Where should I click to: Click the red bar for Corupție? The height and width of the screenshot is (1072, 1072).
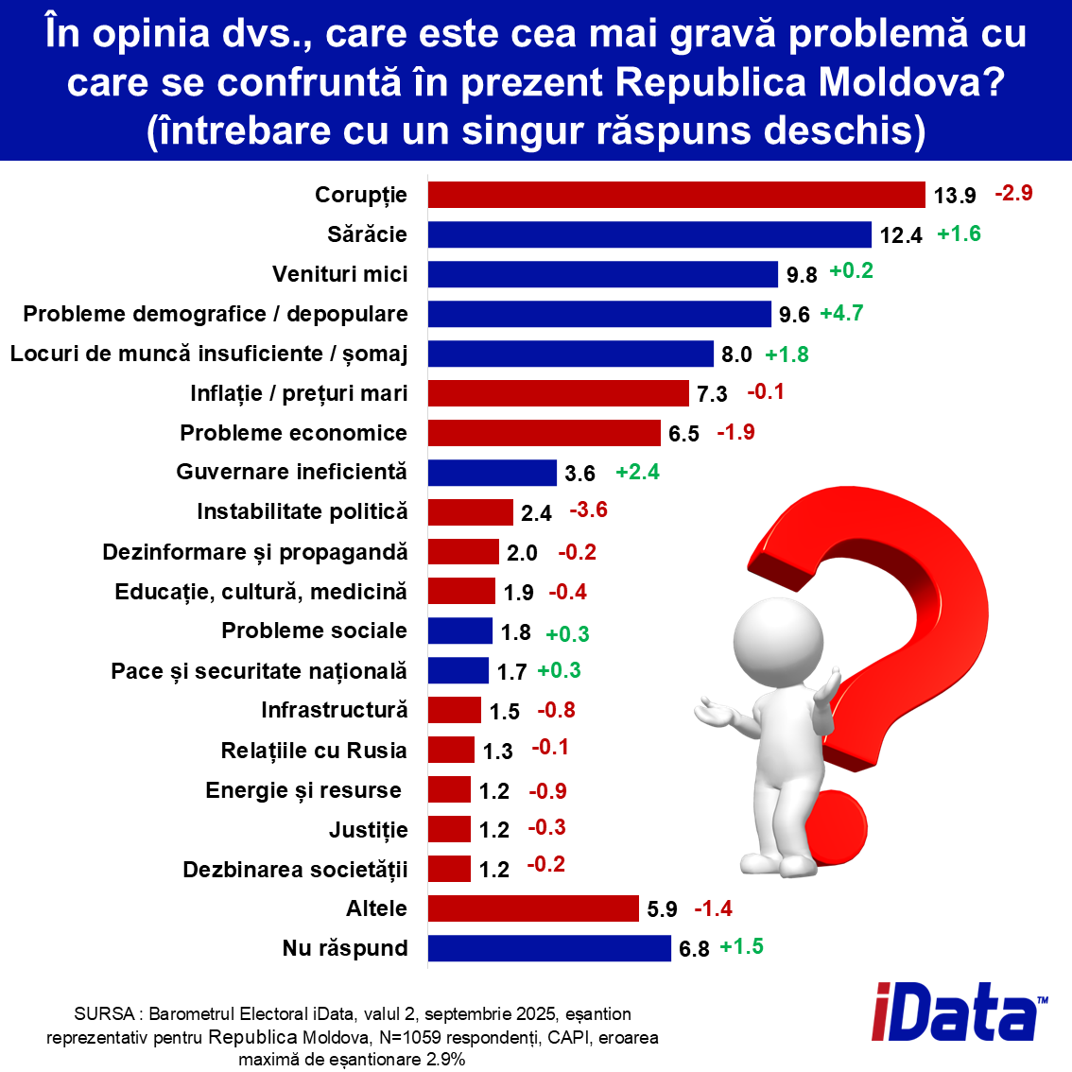click(x=676, y=195)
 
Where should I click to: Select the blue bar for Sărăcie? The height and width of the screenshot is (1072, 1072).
click(x=649, y=234)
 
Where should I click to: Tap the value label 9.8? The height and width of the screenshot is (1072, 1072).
click(x=802, y=275)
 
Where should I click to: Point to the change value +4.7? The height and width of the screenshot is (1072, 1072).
click(x=841, y=313)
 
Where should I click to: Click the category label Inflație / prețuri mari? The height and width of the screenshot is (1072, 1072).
click(x=299, y=393)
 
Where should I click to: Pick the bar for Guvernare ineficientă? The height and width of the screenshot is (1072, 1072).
click(x=492, y=473)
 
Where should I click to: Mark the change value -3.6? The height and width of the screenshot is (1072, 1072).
click(x=588, y=510)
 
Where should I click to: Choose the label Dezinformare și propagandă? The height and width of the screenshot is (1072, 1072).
click(x=255, y=552)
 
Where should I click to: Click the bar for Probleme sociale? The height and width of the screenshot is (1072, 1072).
click(x=459, y=631)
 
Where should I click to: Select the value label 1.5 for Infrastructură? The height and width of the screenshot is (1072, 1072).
click(x=505, y=712)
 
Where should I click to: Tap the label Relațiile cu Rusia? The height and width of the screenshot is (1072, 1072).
click(x=314, y=751)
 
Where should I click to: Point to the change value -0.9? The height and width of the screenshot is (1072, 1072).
click(x=547, y=790)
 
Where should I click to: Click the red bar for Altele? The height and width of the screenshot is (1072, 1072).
click(x=533, y=908)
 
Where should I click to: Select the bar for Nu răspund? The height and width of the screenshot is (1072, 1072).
click(x=549, y=948)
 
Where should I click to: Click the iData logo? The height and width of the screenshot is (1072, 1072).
click(x=959, y=1012)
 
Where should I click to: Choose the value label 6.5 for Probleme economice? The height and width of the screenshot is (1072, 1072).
click(x=683, y=434)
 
